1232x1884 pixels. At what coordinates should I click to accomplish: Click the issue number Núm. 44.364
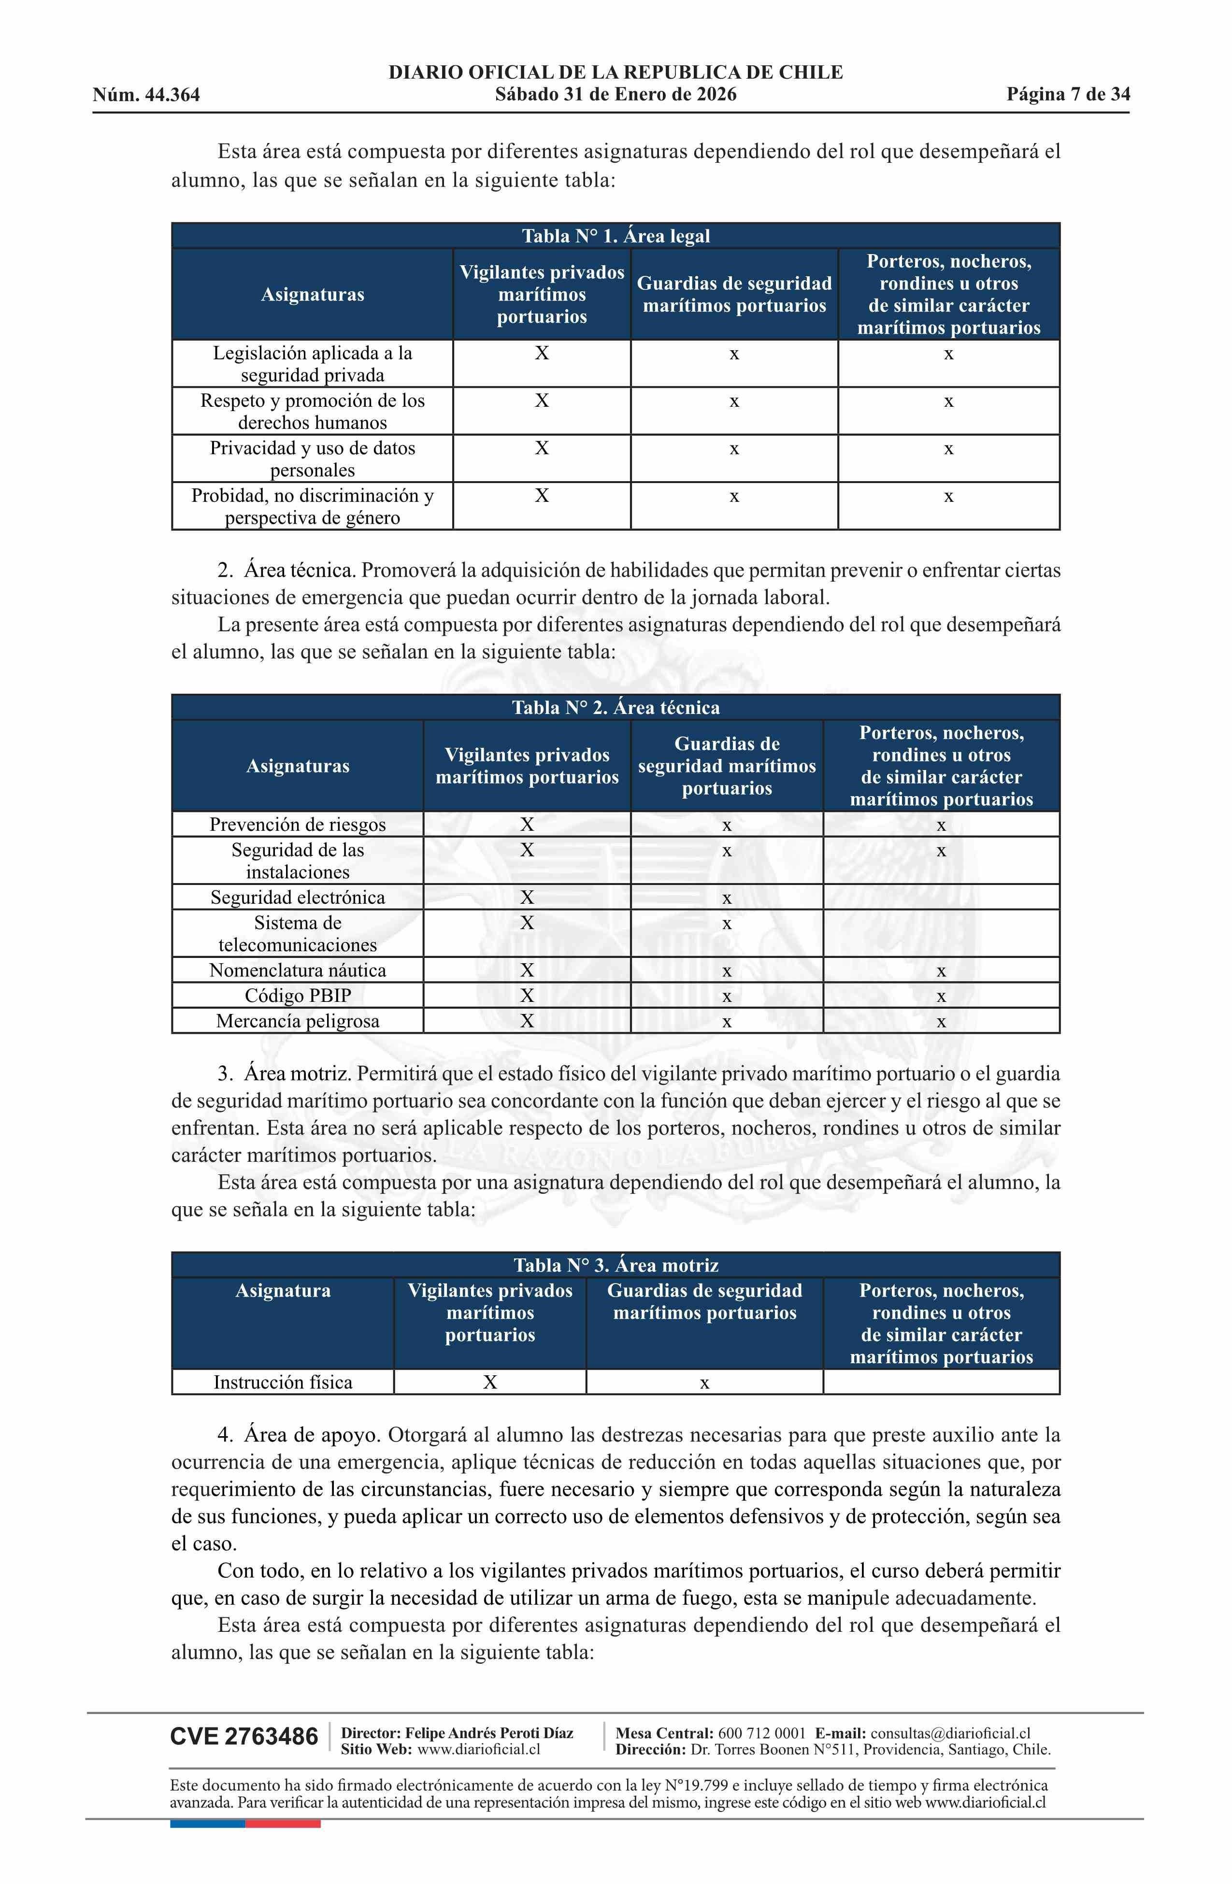click(x=146, y=95)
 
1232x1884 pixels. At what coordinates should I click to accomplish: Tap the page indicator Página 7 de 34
click(x=1068, y=94)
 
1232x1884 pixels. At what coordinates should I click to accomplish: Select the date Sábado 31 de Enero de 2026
click(x=615, y=94)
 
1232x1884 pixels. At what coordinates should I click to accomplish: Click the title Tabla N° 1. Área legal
click(x=615, y=236)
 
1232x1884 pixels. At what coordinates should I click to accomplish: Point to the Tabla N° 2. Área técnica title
click(x=615, y=707)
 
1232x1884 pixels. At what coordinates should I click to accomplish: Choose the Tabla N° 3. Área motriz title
click(x=615, y=1264)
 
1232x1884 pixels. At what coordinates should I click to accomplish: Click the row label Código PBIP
click(x=298, y=995)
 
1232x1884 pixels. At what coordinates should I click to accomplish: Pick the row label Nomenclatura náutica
click(x=298, y=970)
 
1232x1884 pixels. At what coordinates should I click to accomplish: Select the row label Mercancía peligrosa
click(x=298, y=1020)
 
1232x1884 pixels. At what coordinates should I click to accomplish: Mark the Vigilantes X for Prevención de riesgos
click(x=527, y=824)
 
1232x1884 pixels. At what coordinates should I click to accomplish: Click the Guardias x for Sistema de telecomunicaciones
click(x=727, y=924)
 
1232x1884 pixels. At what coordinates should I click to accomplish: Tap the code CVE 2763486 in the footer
click(x=244, y=1737)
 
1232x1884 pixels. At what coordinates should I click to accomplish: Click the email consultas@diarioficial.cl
click(x=950, y=1733)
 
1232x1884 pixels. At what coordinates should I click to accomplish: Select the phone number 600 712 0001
click(x=762, y=1733)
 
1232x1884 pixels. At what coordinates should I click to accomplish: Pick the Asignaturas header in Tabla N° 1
click(x=313, y=295)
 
